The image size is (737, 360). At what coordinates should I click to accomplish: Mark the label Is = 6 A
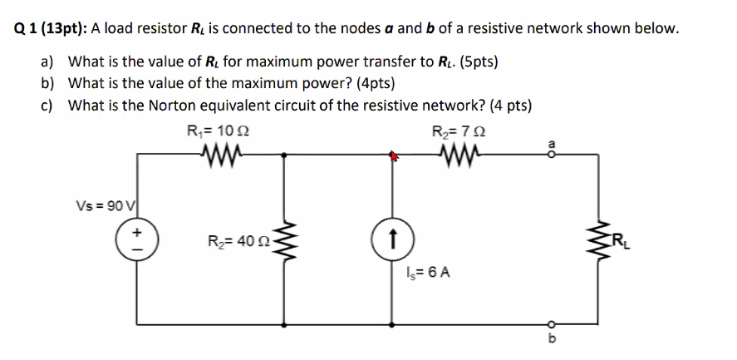point(429,272)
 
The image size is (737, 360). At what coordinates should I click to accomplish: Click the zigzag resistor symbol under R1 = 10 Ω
point(220,153)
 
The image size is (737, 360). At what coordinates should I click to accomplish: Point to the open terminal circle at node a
point(546,154)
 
